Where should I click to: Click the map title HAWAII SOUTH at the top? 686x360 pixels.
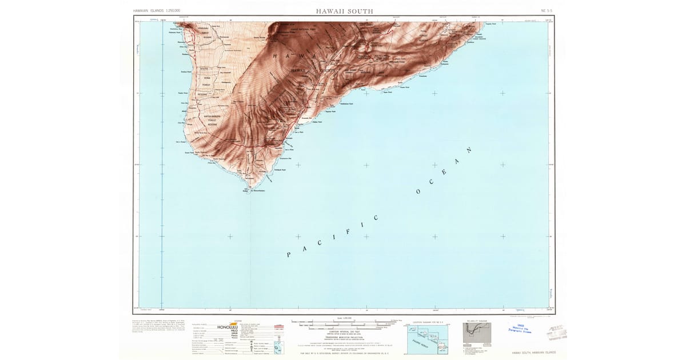[345, 11]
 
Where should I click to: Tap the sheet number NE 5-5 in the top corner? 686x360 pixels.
[547, 11]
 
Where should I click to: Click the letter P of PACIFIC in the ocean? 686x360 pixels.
[289, 254]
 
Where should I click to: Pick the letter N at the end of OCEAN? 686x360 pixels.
[470, 151]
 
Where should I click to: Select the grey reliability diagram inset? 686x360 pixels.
[476, 334]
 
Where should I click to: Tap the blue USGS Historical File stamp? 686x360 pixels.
[519, 329]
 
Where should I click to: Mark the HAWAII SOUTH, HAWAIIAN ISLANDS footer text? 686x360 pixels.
[533, 353]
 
